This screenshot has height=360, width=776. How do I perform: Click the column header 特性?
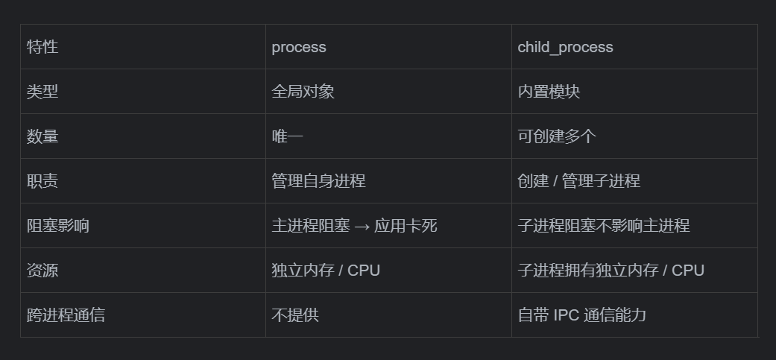point(42,47)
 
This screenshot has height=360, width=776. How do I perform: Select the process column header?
point(299,47)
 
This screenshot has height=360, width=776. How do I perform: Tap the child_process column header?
point(565,47)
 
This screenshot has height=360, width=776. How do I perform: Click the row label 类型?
point(42,92)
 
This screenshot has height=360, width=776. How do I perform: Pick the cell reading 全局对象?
point(303,92)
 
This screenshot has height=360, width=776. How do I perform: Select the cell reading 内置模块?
point(549,92)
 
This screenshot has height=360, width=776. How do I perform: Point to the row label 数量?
point(42,136)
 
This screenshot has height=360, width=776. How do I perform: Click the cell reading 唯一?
point(287,136)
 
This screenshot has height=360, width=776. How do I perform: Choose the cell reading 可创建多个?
point(557,136)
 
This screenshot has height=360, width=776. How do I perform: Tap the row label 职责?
point(42,181)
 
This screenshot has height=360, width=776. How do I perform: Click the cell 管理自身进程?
point(318,181)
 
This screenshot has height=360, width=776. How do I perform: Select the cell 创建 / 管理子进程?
point(578,181)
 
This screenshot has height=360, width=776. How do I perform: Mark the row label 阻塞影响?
point(58,226)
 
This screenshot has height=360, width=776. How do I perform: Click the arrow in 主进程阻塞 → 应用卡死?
point(362,226)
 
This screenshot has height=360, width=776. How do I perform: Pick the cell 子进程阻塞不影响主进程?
point(604,226)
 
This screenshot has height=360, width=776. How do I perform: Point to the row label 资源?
point(42,271)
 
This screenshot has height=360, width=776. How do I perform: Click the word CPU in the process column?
point(364,271)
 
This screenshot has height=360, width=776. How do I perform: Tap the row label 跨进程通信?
point(66,315)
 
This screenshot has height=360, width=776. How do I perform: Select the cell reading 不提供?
point(294,315)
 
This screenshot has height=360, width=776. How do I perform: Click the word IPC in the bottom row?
point(566,315)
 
